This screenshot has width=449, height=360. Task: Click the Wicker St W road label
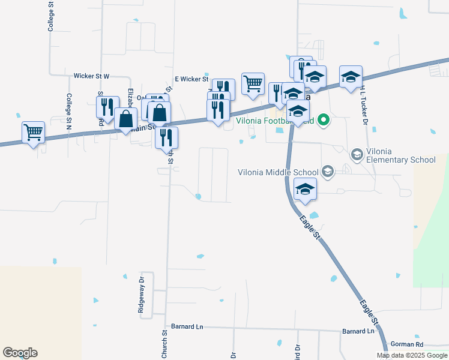click(91, 76)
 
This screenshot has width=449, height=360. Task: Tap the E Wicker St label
click(191, 79)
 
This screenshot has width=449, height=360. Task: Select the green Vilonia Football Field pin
click(324, 120)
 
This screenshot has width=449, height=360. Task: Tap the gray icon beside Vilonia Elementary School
click(357, 155)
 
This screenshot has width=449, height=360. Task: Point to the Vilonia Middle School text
click(279, 172)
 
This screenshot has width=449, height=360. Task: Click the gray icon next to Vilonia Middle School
click(328, 172)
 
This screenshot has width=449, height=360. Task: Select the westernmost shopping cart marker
click(34, 131)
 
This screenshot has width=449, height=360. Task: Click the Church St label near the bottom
click(164, 344)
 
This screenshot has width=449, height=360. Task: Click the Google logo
click(20, 353)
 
